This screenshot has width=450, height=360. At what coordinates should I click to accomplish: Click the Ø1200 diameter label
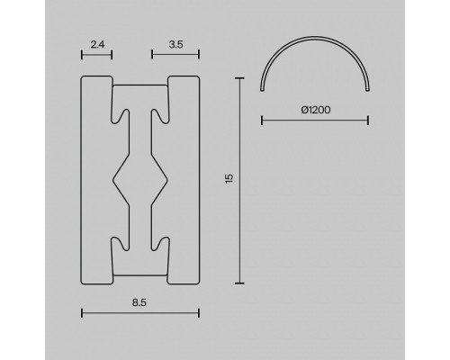(317, 109)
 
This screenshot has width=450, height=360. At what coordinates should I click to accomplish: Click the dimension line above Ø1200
(316, 119)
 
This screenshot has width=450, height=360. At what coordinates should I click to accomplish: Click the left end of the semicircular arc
(263, 91)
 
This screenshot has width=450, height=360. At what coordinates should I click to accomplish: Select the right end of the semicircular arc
(369, 91)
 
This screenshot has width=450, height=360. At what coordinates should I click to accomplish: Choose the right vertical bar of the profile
(184, 179)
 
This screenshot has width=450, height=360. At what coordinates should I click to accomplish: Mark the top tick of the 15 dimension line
(240, 78)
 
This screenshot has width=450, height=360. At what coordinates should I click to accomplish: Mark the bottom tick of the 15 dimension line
(240, 281)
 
